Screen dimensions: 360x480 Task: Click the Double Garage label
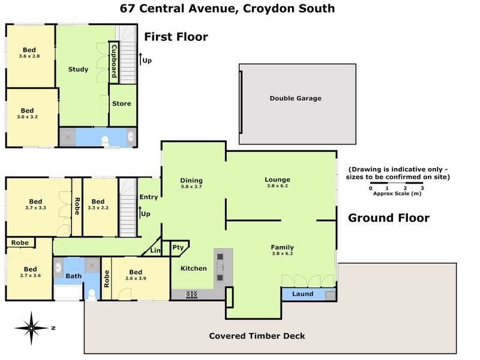[x=295, y=98]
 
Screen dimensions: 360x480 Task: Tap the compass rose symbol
[x=31, y=328]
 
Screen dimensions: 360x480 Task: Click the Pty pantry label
[x=178, y=247]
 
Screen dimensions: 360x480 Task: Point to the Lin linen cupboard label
[x=155, y=250]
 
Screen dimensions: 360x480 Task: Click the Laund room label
[x=302, y=294]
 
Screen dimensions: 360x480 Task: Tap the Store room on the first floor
[x=121, y=104]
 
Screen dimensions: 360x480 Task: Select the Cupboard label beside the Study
[x=113, y=61]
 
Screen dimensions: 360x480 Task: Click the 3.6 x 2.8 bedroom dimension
[x=29, y=56]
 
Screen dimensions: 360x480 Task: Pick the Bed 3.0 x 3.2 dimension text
[x=28, y=117]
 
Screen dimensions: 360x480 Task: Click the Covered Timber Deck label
[x=257, y=336]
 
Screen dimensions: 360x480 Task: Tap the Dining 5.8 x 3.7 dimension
[x=191, y=187]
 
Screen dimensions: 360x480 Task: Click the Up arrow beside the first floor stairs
[x=142, y=59]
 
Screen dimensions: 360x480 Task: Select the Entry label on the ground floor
[x=148, y=197]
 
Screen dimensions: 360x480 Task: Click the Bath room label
[x=74, y=277]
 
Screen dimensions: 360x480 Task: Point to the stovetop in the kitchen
[x=193, y=294]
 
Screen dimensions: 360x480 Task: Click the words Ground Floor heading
[x=389, y=218]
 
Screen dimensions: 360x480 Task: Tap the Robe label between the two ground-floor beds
[x=77, y=206]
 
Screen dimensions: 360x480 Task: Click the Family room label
[x=282, y=247]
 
